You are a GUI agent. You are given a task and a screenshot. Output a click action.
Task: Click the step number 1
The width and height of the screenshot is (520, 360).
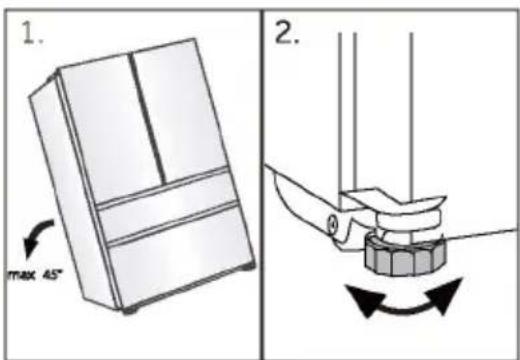pyautogui.click(x=31, y=32)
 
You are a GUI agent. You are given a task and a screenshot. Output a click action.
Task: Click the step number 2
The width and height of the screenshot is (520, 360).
pyautogui.click(x=286, y=33)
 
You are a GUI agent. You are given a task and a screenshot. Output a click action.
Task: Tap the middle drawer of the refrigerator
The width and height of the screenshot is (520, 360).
pyautogui.click(x=169, y=207)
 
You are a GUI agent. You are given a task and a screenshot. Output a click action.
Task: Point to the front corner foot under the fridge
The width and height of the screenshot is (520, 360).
pyautogui.click(x=131, y=310)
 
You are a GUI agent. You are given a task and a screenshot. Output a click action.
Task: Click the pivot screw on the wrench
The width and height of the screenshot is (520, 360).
pyautogui.click(x=332, y=224)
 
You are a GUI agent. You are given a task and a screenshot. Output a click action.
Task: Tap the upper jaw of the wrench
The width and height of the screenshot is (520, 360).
pyautogui.click(x=393, y=199)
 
